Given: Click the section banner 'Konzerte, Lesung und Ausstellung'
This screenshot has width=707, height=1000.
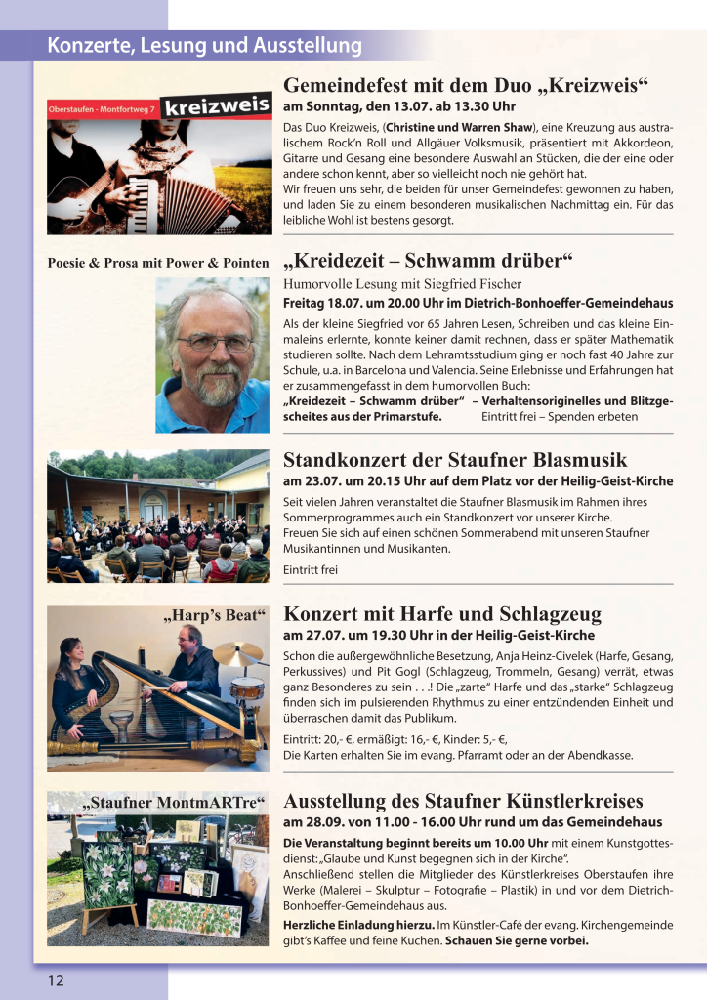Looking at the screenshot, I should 204,45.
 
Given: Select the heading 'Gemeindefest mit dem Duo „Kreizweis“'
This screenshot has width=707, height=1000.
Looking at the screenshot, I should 466,85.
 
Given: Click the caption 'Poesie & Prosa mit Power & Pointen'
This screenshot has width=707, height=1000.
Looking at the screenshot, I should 157,263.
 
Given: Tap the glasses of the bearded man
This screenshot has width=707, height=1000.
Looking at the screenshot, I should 214,343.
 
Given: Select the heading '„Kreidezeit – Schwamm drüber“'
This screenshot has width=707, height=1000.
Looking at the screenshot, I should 427,262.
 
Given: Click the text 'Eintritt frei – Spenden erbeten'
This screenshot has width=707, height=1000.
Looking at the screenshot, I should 560,416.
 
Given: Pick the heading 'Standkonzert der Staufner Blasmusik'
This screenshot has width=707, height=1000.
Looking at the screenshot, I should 455,460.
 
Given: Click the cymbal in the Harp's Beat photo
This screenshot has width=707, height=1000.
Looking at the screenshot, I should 237,652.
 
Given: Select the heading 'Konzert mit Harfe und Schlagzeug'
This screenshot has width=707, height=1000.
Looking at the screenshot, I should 442,614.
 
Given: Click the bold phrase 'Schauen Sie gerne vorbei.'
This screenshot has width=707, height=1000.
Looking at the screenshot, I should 517,941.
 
